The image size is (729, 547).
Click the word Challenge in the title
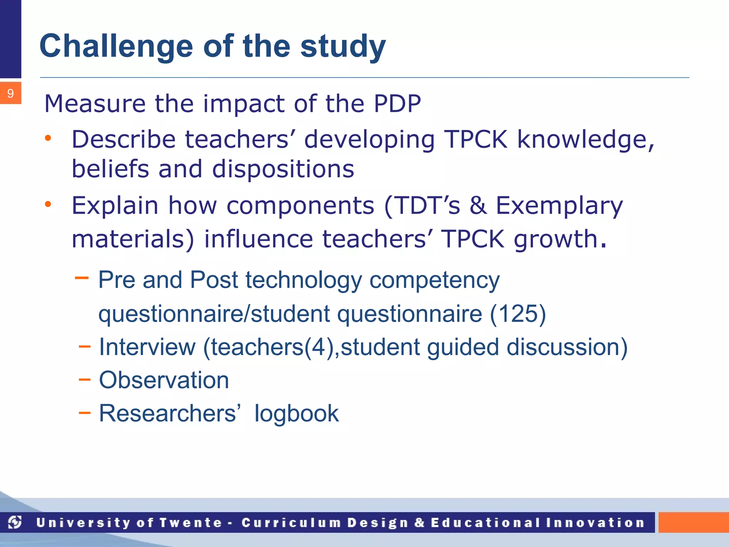click(116, 46)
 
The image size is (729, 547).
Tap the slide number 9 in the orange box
click(10, 93)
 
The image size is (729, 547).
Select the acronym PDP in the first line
click(397, 104)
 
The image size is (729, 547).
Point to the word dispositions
click(283, 169)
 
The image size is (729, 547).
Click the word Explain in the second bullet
click(115, 206)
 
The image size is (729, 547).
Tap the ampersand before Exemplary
click(478, 205)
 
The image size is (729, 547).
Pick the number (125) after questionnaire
click(518, 314)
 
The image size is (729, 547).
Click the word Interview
click(147, 347)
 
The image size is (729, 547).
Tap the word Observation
click(164, 380)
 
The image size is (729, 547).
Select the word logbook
click(296, 413)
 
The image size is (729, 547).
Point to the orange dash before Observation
click(84, 380)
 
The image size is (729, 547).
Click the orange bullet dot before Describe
click(48, 138)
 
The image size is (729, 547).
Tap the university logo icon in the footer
click(15, 522)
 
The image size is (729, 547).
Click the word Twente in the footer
click(190, 522)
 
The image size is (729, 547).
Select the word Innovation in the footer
click(595, 522)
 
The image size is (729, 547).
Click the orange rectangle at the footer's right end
click(693, 522)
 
